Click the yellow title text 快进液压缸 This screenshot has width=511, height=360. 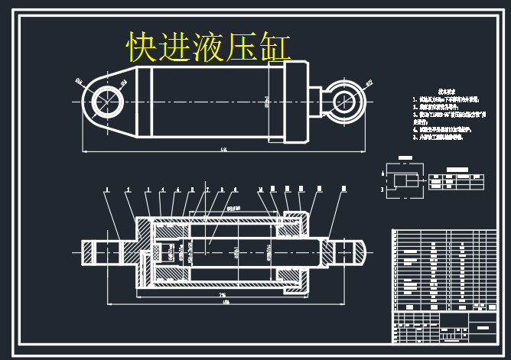pos(209,47)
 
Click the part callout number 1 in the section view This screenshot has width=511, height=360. pos(107,189)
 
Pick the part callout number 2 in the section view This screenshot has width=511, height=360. pos(127,189)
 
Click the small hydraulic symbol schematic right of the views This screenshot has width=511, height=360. pos(404,181)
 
